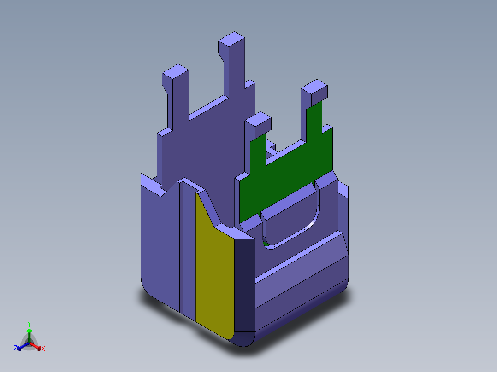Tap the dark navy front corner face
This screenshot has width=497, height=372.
(x=244, y=285)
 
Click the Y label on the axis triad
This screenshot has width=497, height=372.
(x=29, y=324)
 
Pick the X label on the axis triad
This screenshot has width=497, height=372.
(x=43, y=349)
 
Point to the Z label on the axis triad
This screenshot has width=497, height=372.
(x=15, y=349)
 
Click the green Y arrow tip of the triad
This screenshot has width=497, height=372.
(x=29, y=331)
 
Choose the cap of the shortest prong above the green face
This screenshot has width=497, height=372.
(x=258, y=121)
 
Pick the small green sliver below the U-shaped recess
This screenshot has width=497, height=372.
(x=265, y=242)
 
